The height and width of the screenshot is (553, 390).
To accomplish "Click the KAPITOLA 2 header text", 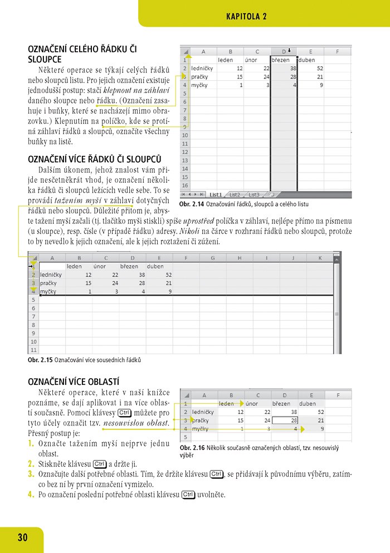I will [246, 17].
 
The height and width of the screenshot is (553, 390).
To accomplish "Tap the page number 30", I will [22, 537].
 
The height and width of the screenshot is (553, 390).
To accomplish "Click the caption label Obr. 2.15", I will [40, 360].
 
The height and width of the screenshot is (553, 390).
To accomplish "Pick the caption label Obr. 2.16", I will [191, 448].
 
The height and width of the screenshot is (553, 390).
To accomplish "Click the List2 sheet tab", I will [235, 195].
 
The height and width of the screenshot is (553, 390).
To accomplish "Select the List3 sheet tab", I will [254, 195].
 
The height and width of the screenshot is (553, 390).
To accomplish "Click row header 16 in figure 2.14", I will [184, 185].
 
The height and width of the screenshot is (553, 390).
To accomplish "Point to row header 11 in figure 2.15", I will [33, 350].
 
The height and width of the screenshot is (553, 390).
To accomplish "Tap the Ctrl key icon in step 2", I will [100, 464].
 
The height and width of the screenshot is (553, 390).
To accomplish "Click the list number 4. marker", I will [31, 493].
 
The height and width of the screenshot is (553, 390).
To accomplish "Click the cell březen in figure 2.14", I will [281, 60].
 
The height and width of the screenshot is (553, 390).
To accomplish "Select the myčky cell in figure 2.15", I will [49, 291].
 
